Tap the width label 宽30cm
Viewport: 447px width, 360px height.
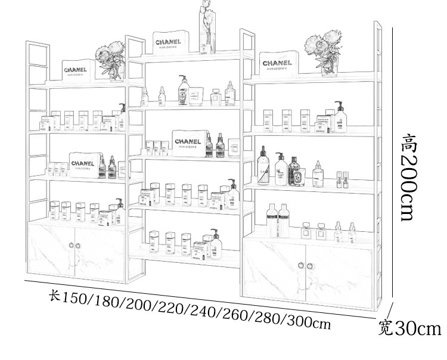(410, 329)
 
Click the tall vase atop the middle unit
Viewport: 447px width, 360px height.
(206, 27)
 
